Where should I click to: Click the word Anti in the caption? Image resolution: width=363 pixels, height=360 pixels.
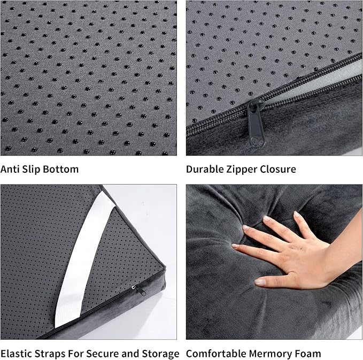pos(10,169)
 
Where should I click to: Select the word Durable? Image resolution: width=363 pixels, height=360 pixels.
pos(204,169)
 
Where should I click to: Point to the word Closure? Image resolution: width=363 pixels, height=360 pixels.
pos(278,169)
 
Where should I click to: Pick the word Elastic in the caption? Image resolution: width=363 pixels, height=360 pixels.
pos(16,354)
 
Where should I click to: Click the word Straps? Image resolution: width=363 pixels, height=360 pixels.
pos(50,354)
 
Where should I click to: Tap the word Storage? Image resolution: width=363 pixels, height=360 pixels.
pos(160,354)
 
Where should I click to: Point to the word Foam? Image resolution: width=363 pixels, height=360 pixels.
pos(305,354)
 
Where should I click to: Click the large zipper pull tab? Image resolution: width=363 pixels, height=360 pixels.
pos(256,124)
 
